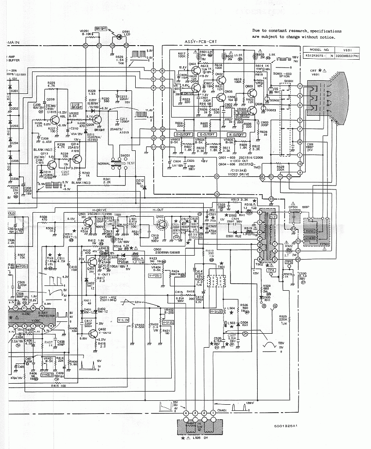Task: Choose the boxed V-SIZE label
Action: tap(168, 322)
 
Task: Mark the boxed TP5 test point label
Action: tap(288, 262)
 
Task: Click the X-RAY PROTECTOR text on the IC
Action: tap(46, 314)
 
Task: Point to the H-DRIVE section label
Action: tap(99, 210)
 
